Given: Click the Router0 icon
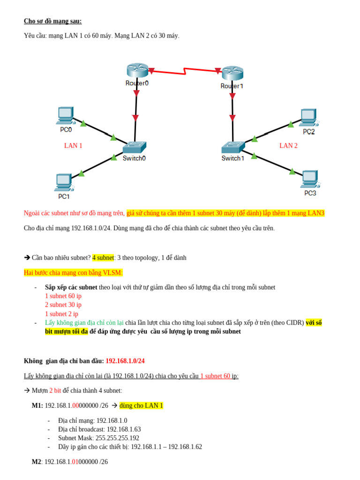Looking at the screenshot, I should [137, 70].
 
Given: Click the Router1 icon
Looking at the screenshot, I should [232, 73].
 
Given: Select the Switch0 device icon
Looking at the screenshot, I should [135, 148].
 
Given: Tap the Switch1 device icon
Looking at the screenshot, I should [233, 147].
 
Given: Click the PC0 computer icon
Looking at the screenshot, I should [66, 115].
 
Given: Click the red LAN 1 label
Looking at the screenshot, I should [73, 146].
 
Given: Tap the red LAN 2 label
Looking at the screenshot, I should [288, 146].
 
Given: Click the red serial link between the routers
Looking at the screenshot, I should [184, 71].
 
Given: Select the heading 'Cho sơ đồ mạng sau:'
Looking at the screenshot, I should [52, 21].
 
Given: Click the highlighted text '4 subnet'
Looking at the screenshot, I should [103, 257].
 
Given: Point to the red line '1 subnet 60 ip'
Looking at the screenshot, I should [63, 296].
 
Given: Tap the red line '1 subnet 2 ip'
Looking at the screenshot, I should [61, 314].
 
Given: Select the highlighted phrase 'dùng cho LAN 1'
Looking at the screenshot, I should [141, 405].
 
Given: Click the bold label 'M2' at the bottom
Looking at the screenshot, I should [37, 462].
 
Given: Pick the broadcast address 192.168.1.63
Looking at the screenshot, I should [124, 429].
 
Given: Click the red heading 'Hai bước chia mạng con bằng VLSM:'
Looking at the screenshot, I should [73, 272].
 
